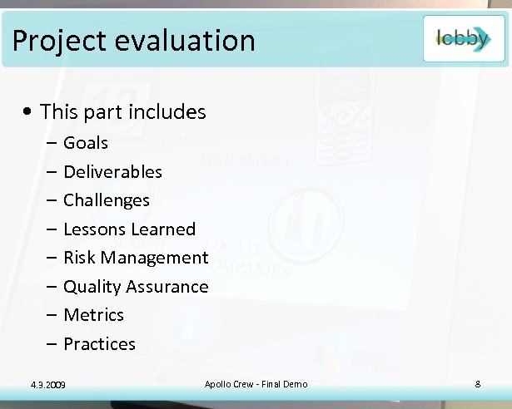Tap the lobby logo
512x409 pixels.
463,38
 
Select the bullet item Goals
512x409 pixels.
86,143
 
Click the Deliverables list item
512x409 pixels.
112,172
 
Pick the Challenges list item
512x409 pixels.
107,200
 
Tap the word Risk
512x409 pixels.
78,258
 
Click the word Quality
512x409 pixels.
92,287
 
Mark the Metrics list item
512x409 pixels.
93,315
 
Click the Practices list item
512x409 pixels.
99,344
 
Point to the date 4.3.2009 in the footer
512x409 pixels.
47,384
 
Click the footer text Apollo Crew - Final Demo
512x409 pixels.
256,383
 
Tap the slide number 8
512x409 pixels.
478,383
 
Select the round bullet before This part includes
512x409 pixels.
29,112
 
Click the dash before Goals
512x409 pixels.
52,143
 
